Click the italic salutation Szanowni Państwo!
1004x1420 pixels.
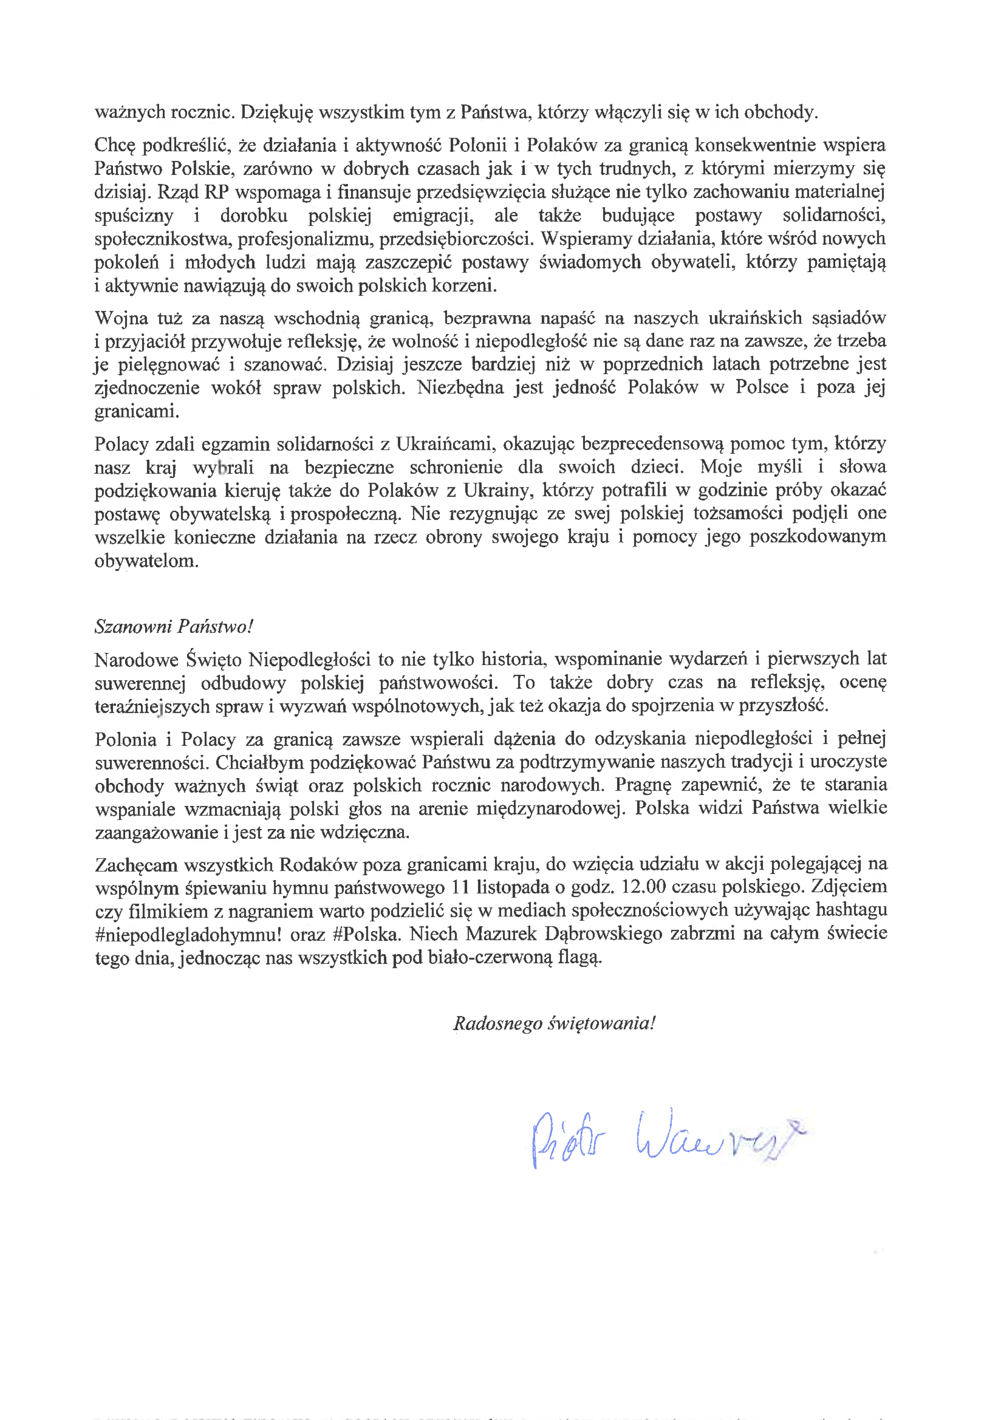pyautogui.click(x=174, y=627)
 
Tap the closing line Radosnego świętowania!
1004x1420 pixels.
pyautogui.click(x=554, y=1023)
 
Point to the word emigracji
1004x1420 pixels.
pyautogui.click(x=433, y=215)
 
